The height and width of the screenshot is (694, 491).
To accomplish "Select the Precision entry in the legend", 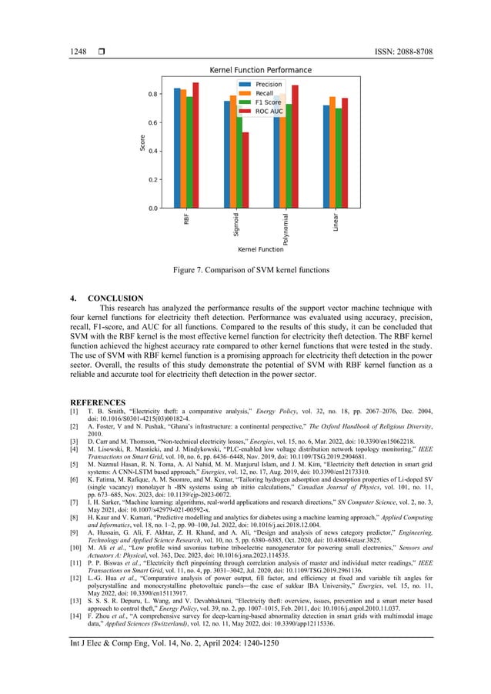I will (268, 84).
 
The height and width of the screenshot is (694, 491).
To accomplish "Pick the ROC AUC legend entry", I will (269, 112).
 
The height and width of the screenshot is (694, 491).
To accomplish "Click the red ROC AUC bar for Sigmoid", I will (245, 169).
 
